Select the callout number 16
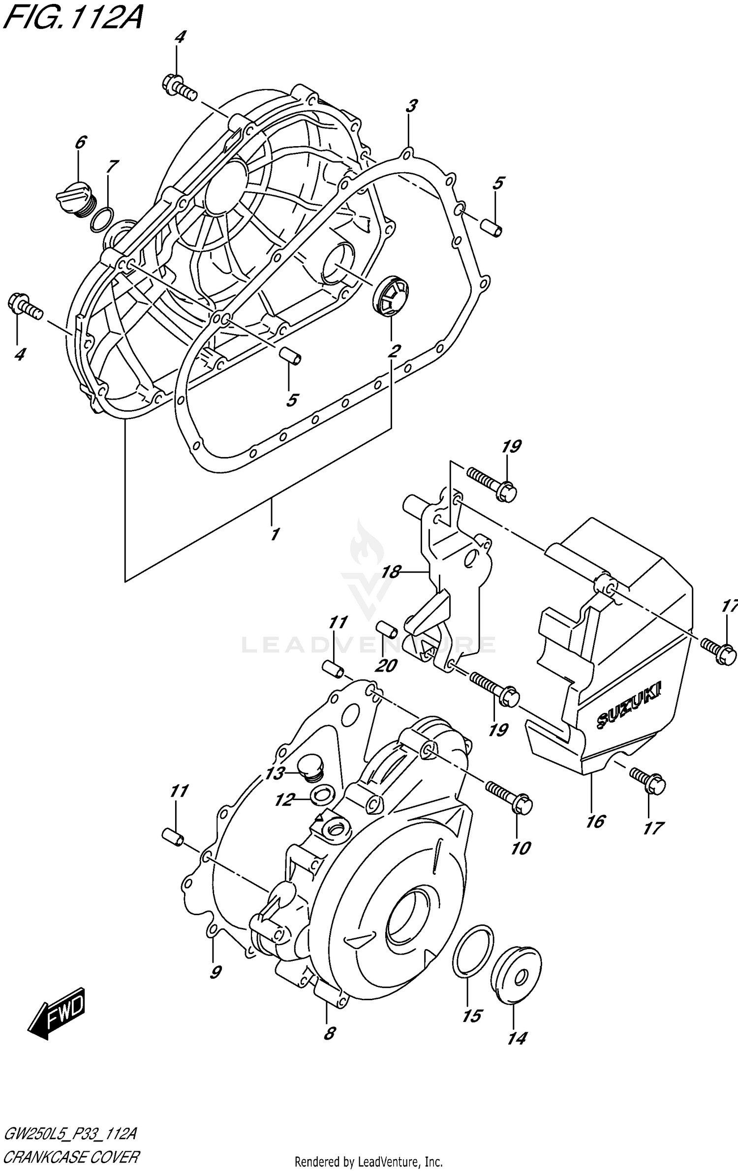point(595,821)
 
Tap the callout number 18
point(391,572)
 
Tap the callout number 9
point(215,971)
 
